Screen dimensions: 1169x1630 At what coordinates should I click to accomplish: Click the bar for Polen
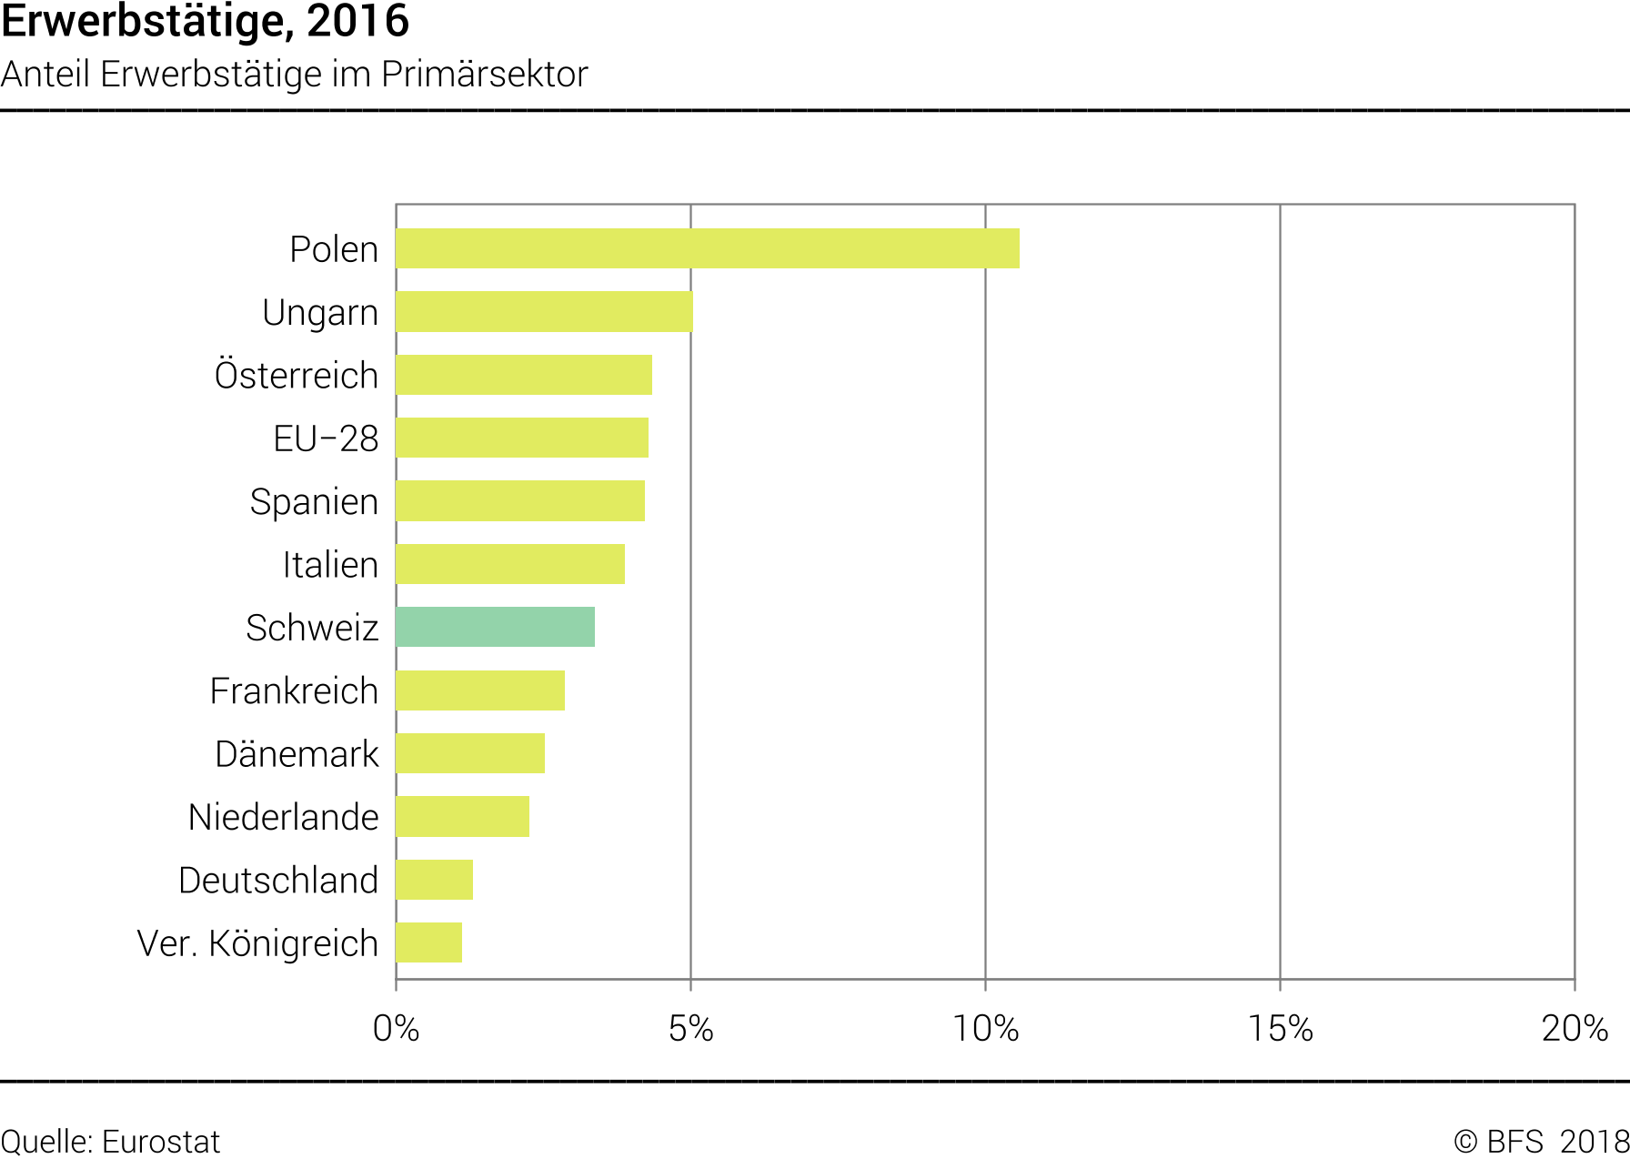(708, 248)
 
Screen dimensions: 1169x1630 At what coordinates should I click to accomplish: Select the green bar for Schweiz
(496, 628)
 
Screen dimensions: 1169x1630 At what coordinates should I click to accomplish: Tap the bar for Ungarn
(544, 312)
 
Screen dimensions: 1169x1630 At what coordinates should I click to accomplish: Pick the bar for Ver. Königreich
(429, 942)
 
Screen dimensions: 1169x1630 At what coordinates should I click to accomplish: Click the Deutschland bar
(435, 880)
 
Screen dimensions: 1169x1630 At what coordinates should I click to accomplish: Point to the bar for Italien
(510, 564)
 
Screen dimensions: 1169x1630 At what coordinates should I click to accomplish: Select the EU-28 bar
(522, 438)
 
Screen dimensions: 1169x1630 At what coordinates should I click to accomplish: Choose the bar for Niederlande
(463, 817)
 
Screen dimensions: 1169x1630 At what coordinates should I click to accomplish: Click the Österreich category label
(297, 375)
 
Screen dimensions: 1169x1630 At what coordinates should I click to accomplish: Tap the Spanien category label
(314, 501)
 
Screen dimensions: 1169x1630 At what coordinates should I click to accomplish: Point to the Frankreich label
(294, 690)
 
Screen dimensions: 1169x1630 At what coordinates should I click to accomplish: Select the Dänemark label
(297, 754)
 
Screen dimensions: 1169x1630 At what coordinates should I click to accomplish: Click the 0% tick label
(396, 1029)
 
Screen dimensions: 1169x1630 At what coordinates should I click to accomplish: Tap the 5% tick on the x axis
(690, 1029)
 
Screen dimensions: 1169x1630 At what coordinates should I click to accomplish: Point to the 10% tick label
(985, 1029)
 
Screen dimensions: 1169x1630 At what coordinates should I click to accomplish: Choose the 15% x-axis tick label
(1280, 1029)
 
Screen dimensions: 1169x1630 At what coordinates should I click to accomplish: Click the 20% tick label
(1575, 1029)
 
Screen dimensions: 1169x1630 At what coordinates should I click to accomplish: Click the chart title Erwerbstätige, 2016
(206, 22)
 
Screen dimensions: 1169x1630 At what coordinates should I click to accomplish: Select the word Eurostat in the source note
(161, 1142)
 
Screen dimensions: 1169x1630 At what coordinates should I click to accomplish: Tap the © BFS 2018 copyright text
(1540, 1142)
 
